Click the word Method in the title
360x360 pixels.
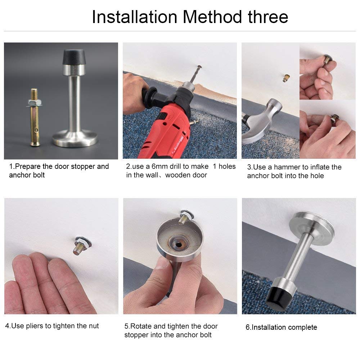pyautogui.click(x=212, y=17)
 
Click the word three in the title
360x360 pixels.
pyautogui.click(x=268, y=17)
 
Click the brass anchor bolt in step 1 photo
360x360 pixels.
pyautogui.click(x=35, y=117)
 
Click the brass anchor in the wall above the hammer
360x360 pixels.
pyautogui.click(x=286, y=78)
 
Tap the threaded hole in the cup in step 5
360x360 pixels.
pyautogui.click(x=179, y=244)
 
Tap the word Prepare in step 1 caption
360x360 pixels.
pyautogui.click(x=28, y=167)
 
